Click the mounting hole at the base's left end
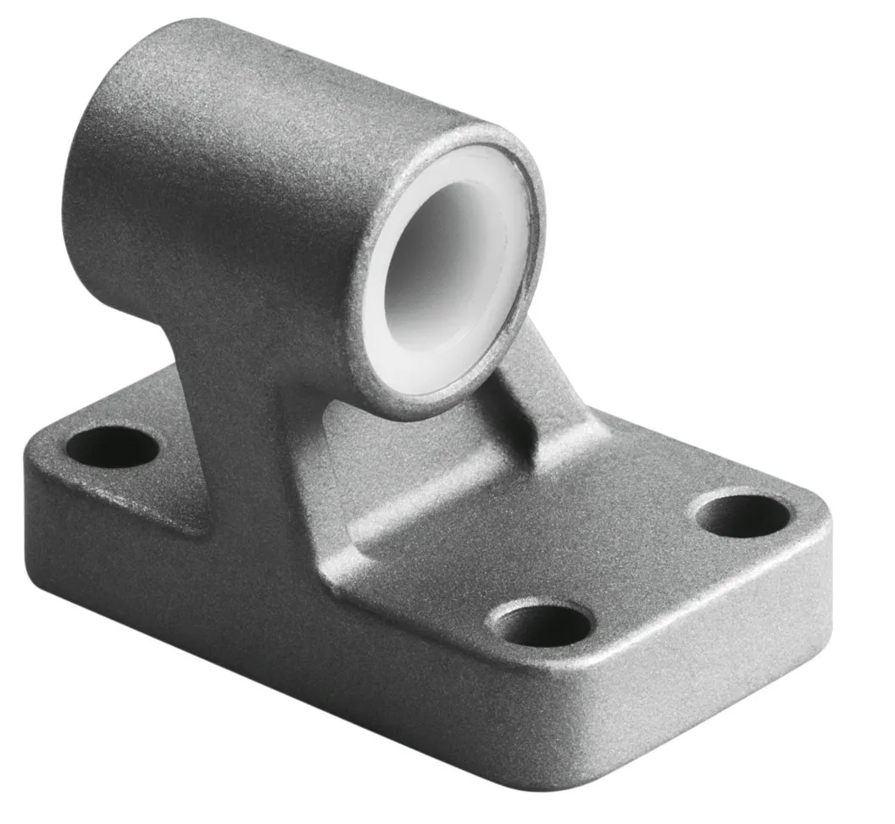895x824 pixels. (112, 447)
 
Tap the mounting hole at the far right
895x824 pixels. (743, 516)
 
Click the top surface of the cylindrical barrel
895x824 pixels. (280, 76)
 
